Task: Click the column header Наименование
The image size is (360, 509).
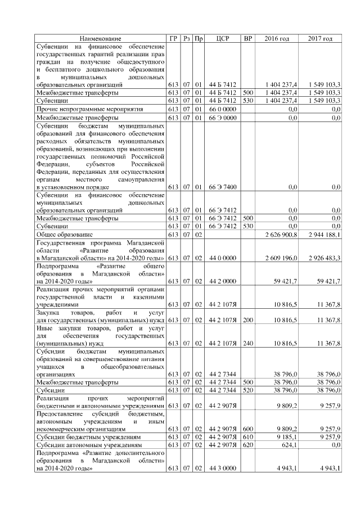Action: coord(100,38)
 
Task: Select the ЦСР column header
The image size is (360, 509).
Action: coord(221,38)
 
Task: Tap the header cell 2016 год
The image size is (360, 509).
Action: coord(277,38)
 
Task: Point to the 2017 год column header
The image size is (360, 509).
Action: coord(321,38)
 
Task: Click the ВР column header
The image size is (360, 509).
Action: coord(247,38)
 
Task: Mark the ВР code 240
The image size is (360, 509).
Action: coord(247,343)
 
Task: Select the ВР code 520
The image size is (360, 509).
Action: coord(247,389)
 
